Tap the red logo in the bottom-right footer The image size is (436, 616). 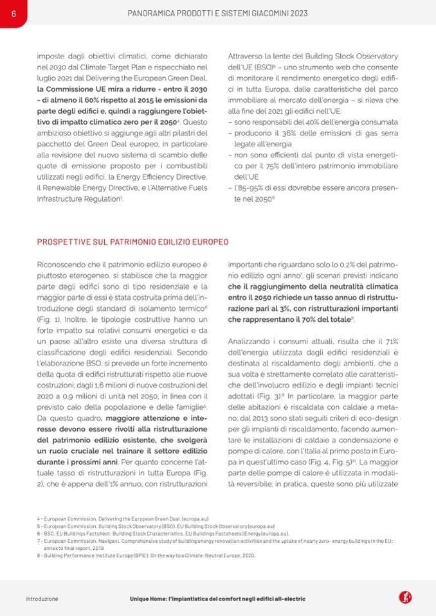[406, 597]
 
